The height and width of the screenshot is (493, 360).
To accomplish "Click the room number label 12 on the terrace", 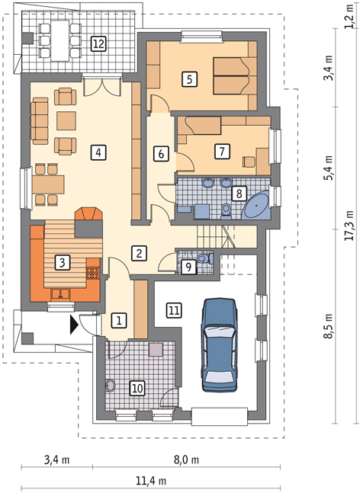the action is (98, 43).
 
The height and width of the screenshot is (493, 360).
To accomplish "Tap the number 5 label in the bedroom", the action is (189, 79).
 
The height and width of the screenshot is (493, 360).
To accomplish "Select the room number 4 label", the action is (98, 152).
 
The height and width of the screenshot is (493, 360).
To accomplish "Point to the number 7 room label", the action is (222, 152).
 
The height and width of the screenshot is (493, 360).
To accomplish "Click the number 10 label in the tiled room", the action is (137, 389).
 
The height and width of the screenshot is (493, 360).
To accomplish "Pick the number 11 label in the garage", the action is (174, 311).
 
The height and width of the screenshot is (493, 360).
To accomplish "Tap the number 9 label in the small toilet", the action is (188, 267).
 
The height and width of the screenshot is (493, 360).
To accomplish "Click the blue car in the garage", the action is (220, 345).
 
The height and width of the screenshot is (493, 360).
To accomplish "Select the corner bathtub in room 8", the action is (256, 205).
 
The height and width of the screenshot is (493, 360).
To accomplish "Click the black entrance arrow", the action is (73, 325).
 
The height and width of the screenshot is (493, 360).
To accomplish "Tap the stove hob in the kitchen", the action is (92, 273).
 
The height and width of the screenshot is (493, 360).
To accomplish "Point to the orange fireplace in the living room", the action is (88, 214).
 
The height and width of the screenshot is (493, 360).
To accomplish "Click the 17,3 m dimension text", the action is (349, 225).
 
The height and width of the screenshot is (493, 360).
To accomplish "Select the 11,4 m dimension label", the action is (151, 480).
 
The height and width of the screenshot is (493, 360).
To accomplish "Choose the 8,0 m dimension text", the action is (186, 460).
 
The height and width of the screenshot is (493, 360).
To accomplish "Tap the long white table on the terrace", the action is (60, 40).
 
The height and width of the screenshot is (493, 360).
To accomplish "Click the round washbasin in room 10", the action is (110, 385).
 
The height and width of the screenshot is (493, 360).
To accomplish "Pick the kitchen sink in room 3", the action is (61, 293).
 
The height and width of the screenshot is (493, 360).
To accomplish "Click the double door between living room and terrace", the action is (102, 85).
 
